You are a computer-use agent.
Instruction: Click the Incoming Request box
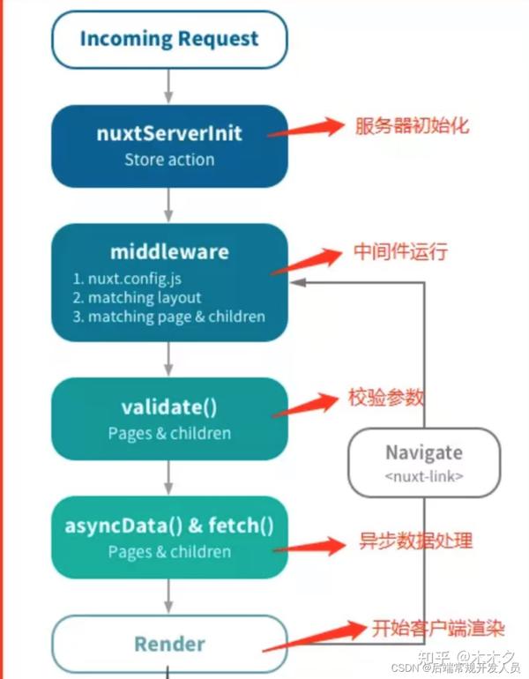pyautogui.click(x=169, y=39)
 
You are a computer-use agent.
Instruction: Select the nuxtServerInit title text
pyautogui.click(x=169, y=135)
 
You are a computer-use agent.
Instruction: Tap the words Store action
pyautogui.click(x=169, y=160)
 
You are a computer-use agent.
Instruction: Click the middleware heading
pyautogui.click(x=169, y=251)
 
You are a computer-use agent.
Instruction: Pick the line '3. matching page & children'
pyautogui.click(x=169, y=316)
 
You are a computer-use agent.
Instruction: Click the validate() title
pyautogui.click(x=169, y=407)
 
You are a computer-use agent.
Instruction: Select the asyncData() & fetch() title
pyautogui.click(x=169, y=526)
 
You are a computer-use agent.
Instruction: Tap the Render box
pyautogui.click(x=169, y=645)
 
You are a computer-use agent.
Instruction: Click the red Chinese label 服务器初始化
pyautogui.click(x=411, y=125)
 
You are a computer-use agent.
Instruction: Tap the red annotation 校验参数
pyautogui.click(x=385, y=398)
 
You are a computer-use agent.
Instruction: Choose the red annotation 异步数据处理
pyautogui.click(x=414, y=539)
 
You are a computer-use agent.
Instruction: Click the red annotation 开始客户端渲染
pyautogui.click(x=436, y=629)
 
